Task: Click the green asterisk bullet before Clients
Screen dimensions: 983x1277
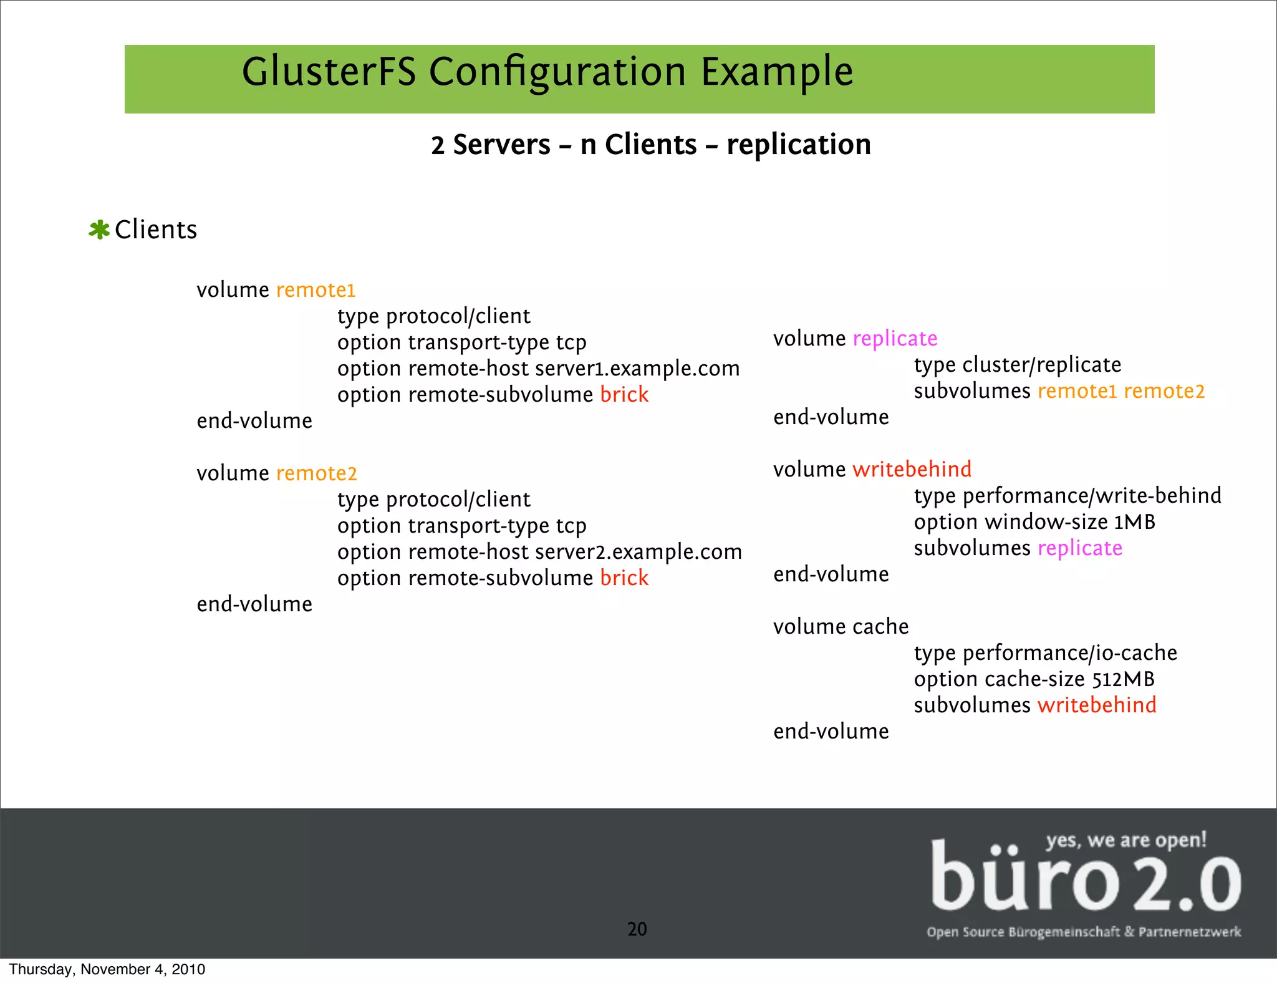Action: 99,230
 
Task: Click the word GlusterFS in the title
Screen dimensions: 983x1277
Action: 329,72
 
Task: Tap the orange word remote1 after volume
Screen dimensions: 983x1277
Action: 316,290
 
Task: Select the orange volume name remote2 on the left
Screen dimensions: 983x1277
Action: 316,473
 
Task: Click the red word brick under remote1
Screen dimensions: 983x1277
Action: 624,395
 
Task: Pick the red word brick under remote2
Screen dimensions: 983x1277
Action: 624,578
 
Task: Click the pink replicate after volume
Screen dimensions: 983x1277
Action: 895,339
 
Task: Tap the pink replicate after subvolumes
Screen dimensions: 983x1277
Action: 1080,548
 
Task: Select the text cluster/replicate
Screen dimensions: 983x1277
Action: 1042,365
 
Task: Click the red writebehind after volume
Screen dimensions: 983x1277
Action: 912,470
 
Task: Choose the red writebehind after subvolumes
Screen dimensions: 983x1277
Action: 1097,705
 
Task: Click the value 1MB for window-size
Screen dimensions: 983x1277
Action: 1134,522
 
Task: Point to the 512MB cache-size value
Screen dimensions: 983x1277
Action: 1123,679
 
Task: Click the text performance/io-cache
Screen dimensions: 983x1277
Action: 1070,653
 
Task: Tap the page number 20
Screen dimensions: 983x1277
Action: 637,929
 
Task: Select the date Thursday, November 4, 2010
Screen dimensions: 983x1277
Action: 107,969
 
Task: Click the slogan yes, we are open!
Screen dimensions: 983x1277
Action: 1126,840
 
